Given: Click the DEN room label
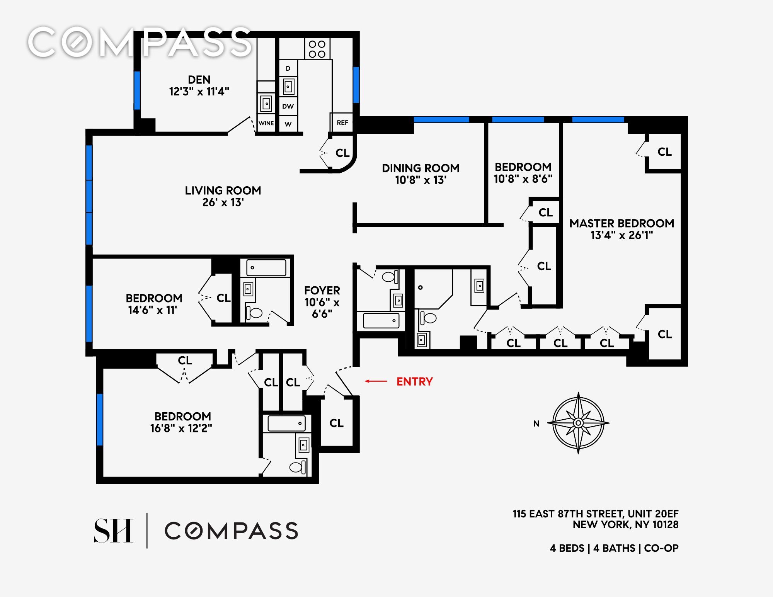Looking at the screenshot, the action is pos(199,80).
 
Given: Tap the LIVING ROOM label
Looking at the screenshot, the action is pos(223,190).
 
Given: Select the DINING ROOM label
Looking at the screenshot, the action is pos(421,168).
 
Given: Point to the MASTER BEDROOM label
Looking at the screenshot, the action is pos(621,223).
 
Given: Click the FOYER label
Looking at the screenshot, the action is pos(322,291).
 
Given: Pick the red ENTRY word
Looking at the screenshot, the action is pos(415,382).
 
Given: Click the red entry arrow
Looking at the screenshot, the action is pos(376,381).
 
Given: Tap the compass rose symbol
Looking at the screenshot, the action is pos(578,423).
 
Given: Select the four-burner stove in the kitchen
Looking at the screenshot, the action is pos(317,49).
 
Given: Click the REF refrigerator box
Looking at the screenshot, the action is pos(342,122).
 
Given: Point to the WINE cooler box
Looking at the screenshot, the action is pos(266,123).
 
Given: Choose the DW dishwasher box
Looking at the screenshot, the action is pos(288,106).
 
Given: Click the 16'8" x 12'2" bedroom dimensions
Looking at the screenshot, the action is pos(181,428).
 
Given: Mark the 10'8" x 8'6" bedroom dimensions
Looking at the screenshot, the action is pos(523,179).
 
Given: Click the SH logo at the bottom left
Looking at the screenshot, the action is pos(114,531).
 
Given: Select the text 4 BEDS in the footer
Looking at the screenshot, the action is pos(567,548).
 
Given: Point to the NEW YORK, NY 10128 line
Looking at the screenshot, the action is pos(625,525).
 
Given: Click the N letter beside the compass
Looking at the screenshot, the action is pos(536,424).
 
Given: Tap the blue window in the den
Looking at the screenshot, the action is pos(137,90).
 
